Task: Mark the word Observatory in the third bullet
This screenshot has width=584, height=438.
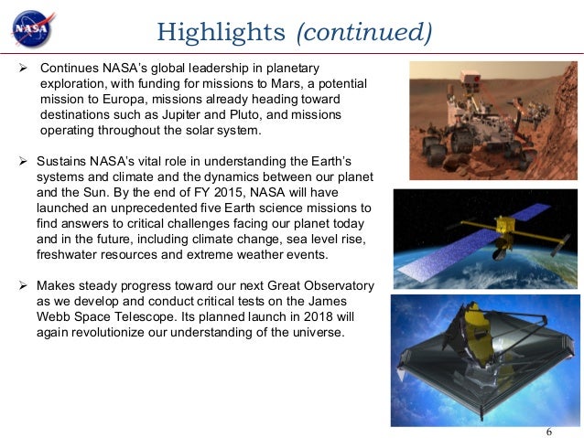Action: click(331, 285)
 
